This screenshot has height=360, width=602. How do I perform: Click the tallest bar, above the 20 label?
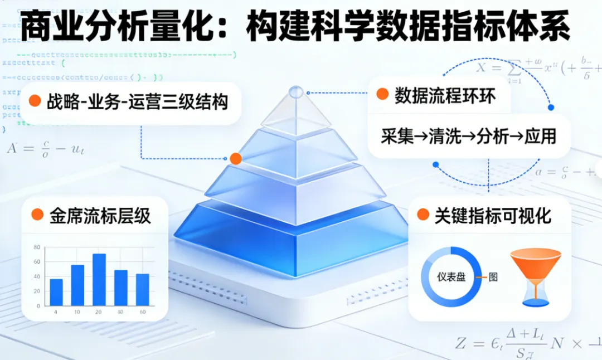[99, 280]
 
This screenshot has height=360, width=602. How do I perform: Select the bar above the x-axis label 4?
[56, 292]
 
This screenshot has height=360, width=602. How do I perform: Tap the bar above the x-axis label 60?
[143, 289]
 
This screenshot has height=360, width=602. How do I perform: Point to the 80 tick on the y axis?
[37, 247]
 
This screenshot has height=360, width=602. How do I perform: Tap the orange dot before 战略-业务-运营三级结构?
[35, 101]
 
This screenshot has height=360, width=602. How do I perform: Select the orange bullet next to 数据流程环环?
[382, 94]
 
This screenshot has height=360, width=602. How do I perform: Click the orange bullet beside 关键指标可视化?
[423, 215]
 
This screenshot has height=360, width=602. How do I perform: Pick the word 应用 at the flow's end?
[540, 136]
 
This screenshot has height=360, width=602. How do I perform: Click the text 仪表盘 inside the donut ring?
[451, 276]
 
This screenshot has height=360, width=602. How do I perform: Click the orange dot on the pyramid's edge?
[236, 159]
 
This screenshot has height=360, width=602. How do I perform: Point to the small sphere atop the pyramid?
[296, 91]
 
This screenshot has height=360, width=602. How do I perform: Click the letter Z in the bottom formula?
[460, 343]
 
